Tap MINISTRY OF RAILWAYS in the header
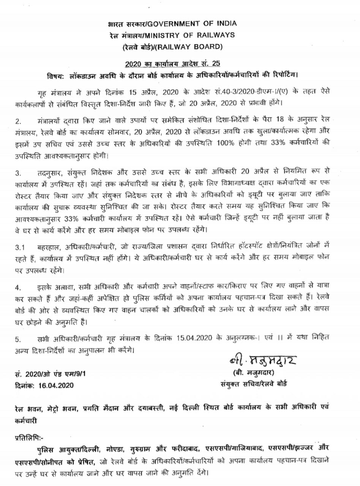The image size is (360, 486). point(195,35)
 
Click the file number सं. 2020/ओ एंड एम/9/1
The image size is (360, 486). point(50,374)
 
